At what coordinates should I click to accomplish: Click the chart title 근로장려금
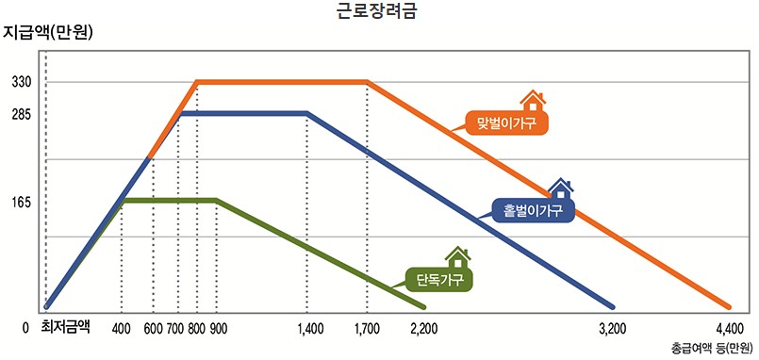[380, 12]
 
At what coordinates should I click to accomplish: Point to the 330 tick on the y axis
[22, 83]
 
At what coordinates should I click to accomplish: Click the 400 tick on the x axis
[121, 329]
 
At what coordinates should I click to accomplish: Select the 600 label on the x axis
[153, 329]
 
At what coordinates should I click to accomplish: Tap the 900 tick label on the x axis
[218, 329]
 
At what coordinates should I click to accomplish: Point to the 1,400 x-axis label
[309, 329]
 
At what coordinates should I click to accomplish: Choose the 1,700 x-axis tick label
[367, 329]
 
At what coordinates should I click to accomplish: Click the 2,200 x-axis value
[425, 329]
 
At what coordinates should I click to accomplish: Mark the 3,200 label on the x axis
[612, 329]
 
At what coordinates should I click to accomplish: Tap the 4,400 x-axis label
[730, 329]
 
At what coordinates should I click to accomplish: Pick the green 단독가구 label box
[437, 278]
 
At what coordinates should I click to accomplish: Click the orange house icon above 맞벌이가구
[534, 100]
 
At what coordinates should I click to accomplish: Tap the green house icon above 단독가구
[458, 256]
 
